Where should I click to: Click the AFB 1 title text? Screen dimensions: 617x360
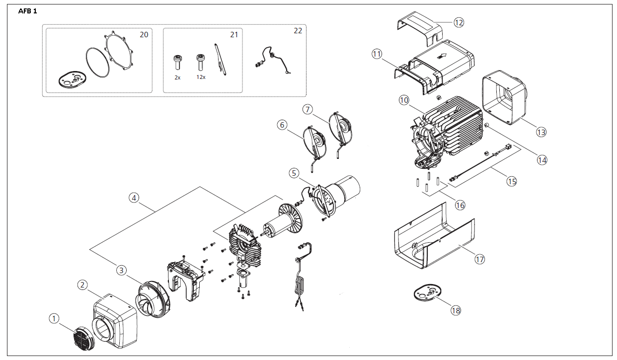click(27, 11)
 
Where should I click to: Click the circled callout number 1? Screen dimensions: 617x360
click(54, 318)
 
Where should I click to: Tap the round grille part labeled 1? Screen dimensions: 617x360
click(83, 338)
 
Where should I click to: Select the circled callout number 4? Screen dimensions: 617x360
click(134, 198)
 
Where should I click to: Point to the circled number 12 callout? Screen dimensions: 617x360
click(459, 22)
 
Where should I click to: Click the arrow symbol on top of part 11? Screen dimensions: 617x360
click(442, 57)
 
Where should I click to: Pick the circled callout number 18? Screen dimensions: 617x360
click(456, 310)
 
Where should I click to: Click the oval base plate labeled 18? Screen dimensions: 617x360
click(427, 292)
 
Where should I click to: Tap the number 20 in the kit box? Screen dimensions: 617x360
click(144, 35)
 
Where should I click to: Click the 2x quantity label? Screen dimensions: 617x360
click(177, 77)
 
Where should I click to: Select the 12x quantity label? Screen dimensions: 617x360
click(201, 77)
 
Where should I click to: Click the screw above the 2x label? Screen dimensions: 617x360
click(177, 63)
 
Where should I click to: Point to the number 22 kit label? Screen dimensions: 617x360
click(298, 31)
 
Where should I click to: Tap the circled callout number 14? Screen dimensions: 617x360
click(542, 160)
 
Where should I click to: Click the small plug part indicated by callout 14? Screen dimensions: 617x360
click(487, 125)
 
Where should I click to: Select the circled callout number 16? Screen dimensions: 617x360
click(460, 205)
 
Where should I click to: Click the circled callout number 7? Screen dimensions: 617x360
click(308, 109)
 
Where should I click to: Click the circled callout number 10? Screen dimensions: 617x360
click(404, 100)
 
